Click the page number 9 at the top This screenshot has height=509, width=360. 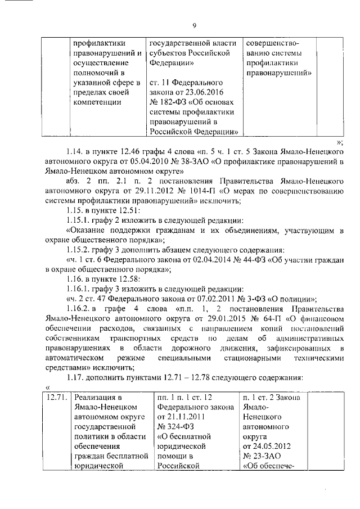pos(194,25)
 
